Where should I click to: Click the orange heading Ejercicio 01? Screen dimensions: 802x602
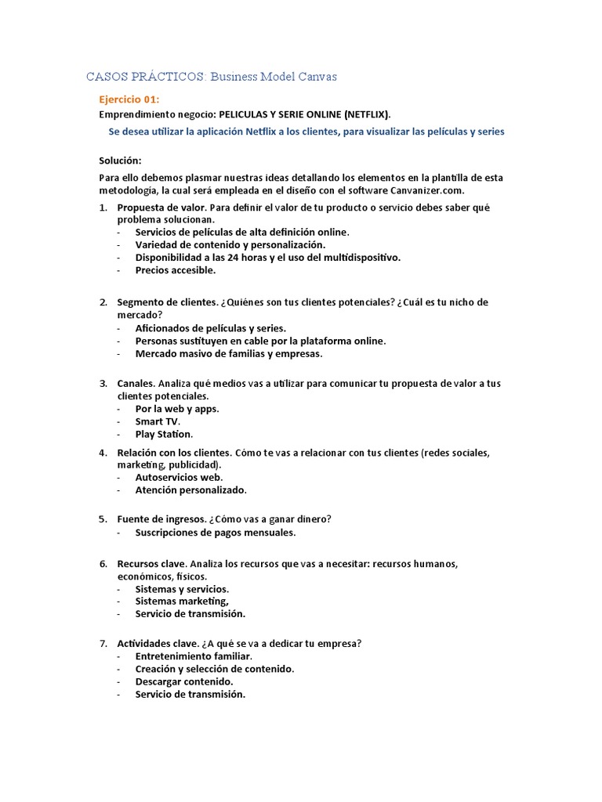click(x=129, y=99)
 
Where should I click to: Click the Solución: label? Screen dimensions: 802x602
click(x=120, y=161)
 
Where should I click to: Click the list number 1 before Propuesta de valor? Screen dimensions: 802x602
click(x=103, y=207)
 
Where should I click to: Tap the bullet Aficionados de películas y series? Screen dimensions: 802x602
click(x=211, y=327)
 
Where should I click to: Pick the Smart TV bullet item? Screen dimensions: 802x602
click(x=158, y=421)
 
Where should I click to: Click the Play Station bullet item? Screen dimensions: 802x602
click(x=164, y=434)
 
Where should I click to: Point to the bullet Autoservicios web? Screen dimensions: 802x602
click(x=179, y=477)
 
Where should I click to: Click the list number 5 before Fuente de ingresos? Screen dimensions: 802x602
click(x=103, y=518)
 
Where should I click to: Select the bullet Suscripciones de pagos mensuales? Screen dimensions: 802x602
click(x=216, y=533)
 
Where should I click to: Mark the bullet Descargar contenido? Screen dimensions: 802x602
click(x=184, y=681)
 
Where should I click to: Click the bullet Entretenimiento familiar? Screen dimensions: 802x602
click(x=194, y=656)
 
